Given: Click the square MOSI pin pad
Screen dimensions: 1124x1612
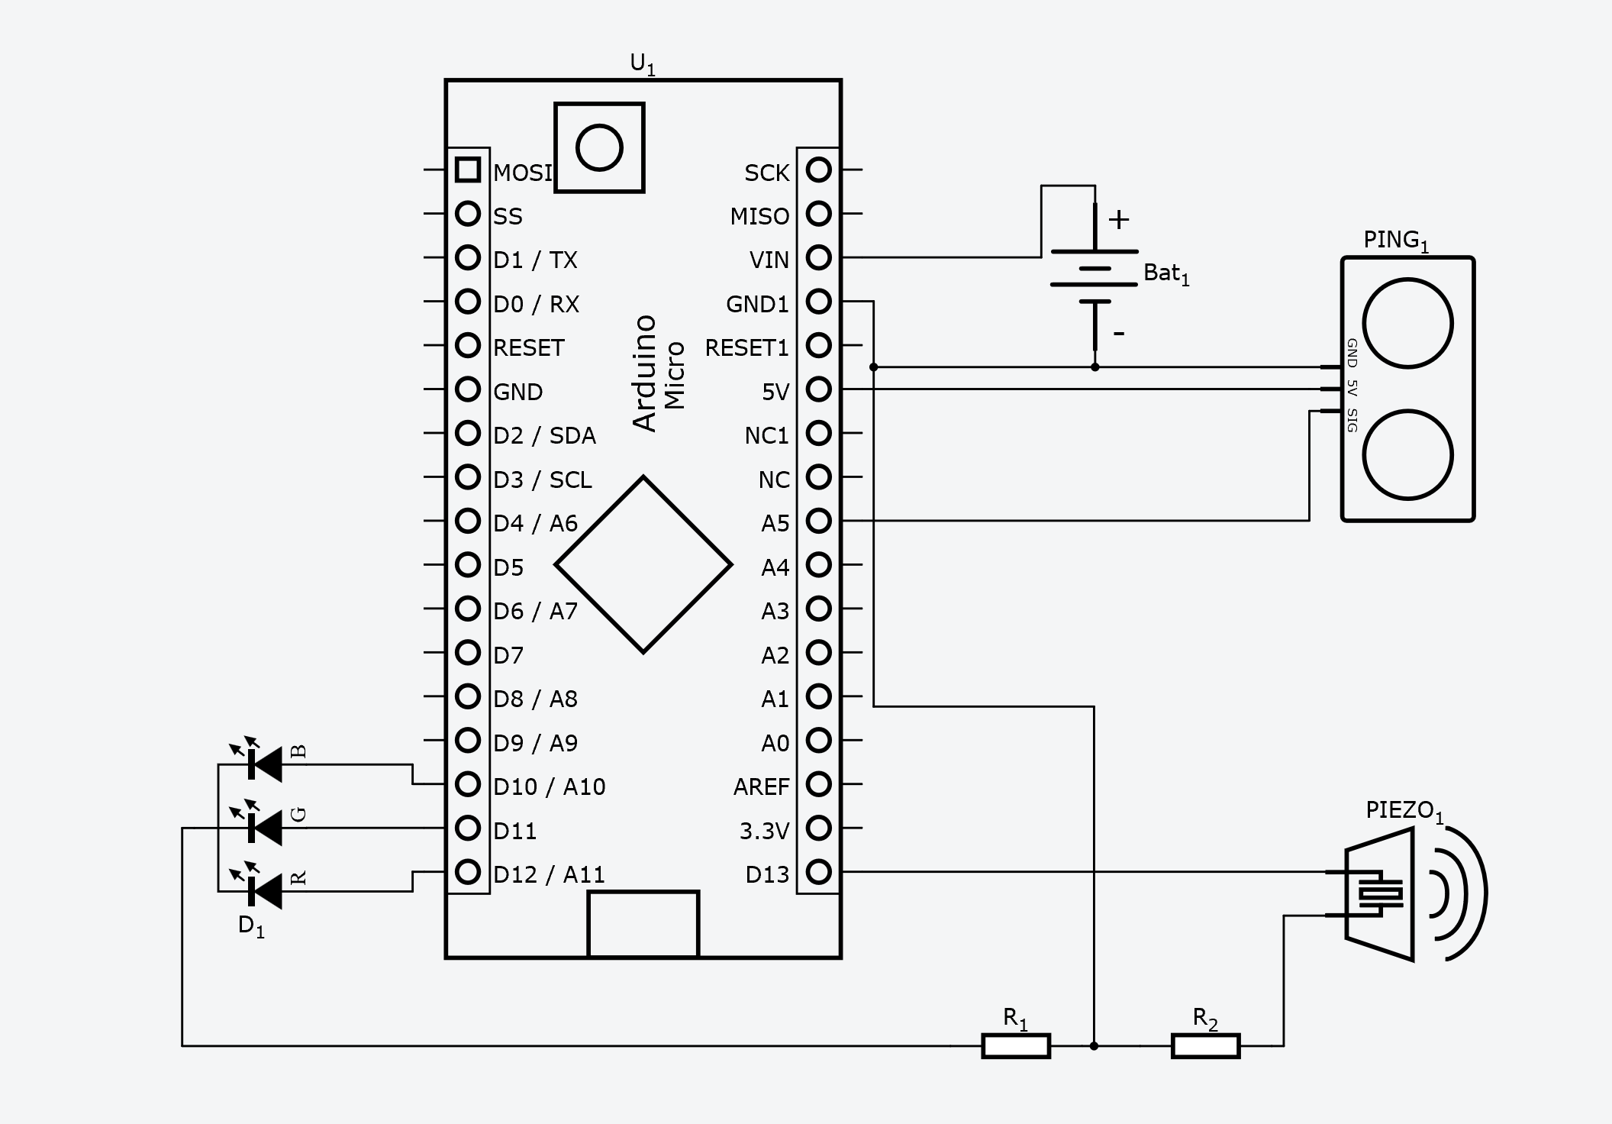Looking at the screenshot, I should (467, 170).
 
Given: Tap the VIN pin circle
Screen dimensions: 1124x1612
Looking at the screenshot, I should (818, 257).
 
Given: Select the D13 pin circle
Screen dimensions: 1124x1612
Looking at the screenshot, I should (818, 872).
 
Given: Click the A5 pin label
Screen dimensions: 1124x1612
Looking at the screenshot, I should (775, 524).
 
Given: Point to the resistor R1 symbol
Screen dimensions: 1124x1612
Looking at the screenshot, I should (1015, 1045).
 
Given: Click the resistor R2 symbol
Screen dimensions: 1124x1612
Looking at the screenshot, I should (1205, 1045).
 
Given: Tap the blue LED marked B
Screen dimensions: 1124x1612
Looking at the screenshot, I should (264, 764).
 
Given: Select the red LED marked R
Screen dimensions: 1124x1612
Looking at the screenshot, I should (264, 890).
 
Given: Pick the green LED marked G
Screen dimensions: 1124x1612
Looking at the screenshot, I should (264, 827).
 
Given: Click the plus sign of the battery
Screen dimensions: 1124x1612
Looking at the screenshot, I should (1118, 220).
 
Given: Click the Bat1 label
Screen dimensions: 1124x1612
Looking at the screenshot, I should (1165, 273).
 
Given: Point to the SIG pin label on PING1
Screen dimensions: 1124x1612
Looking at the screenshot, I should (1352, 421).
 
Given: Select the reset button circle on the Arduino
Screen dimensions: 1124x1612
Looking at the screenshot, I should (599, 147).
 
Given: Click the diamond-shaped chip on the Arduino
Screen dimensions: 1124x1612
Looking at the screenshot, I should (643, 565).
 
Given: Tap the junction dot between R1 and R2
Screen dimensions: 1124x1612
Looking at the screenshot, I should (1094, 1045).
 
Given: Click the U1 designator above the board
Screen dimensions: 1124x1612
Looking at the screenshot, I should (642, 64).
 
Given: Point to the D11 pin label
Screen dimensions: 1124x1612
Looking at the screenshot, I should (514, 831).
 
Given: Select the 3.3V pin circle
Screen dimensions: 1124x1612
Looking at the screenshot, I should (818, 828).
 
